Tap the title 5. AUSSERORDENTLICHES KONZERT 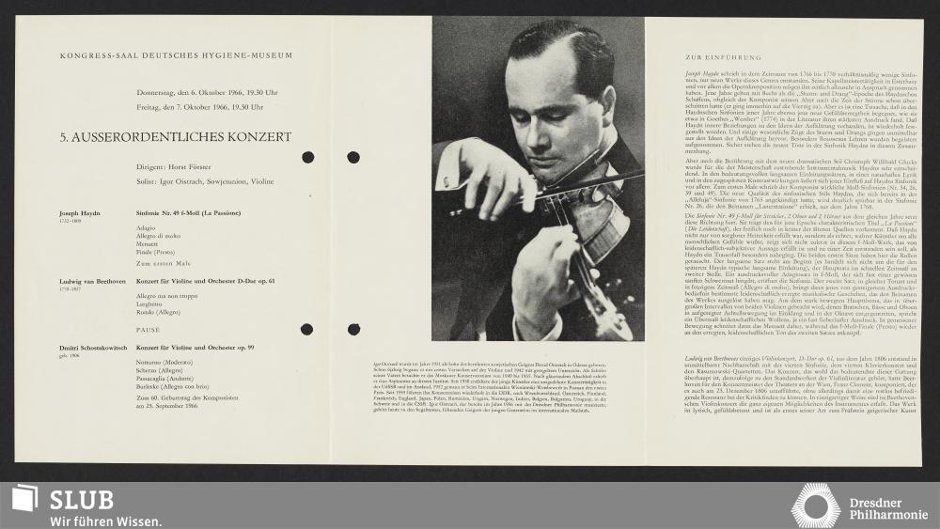click(176, 137)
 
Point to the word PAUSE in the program click(149, 332)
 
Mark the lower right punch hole click(353, 329)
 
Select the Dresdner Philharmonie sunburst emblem click(815, 506)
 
